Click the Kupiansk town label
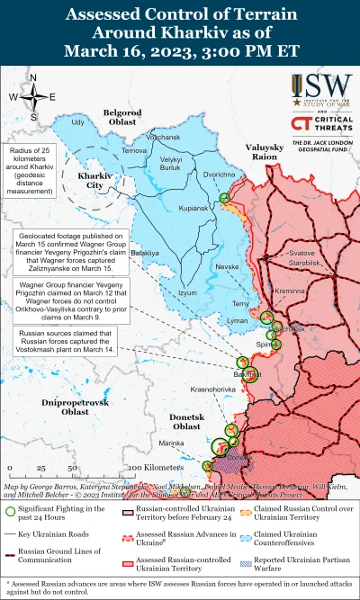(193, 208)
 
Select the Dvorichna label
(220, 175)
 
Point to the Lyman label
(238, 320)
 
